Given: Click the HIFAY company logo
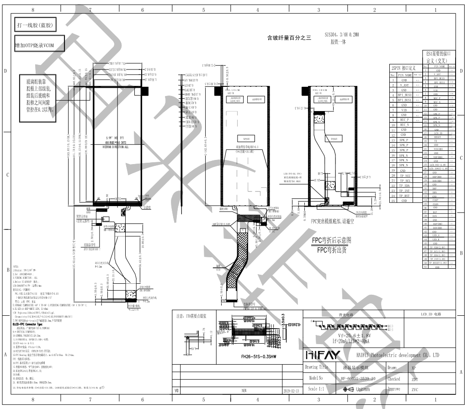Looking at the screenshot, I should point(321,355).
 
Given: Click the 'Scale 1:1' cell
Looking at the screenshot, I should point(316,389).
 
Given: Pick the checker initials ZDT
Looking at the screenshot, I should point(414,379).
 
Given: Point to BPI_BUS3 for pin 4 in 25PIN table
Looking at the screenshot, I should point(405,95).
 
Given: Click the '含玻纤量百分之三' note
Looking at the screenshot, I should point(289,38).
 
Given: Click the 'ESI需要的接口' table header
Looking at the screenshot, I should point(439,53).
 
